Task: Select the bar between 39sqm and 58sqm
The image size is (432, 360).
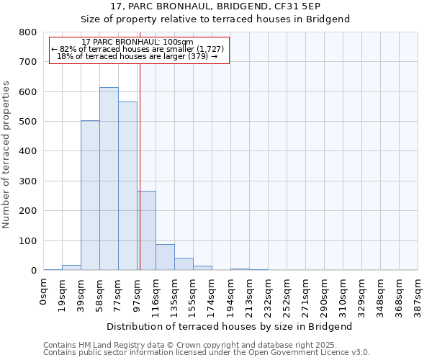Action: pyautogui.click(x=90, y=195)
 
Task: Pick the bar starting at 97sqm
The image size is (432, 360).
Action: pyautogui.click(x=147, y=230)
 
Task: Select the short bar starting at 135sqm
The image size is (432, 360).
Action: pyautogui.click(x=184, y=264)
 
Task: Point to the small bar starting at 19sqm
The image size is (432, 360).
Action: pyautogui.click(x=71, y=267)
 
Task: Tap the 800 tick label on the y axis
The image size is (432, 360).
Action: pyautogui.click(x=28, y=32)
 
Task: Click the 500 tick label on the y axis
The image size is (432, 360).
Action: pyautogui.click(x=28, y=122)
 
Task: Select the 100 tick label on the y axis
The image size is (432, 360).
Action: pyautogui.click(x=28, y=240)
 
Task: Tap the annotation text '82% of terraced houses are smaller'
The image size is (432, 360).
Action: pyautogui.click(x=139, y=49)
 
